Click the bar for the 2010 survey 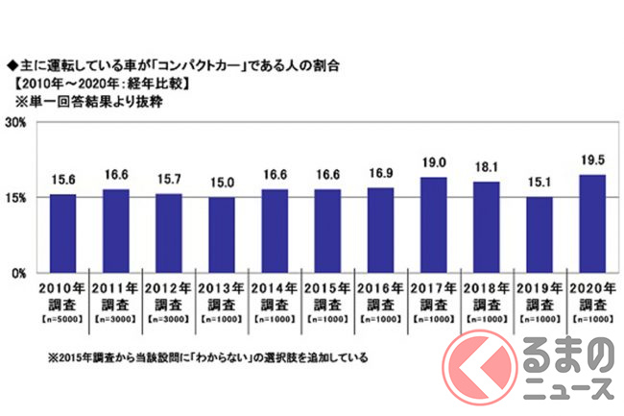coord(62,233)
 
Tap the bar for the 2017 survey coord(434,225)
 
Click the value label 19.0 coord(434,163)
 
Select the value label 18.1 coord(487,168)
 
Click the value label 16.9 coord(381,174)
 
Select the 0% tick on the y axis coord(19,273)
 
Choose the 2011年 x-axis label coord(115,287)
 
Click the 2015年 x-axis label coord(327,287)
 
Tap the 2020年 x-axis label coord(592,287)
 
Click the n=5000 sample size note coord(62,317)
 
